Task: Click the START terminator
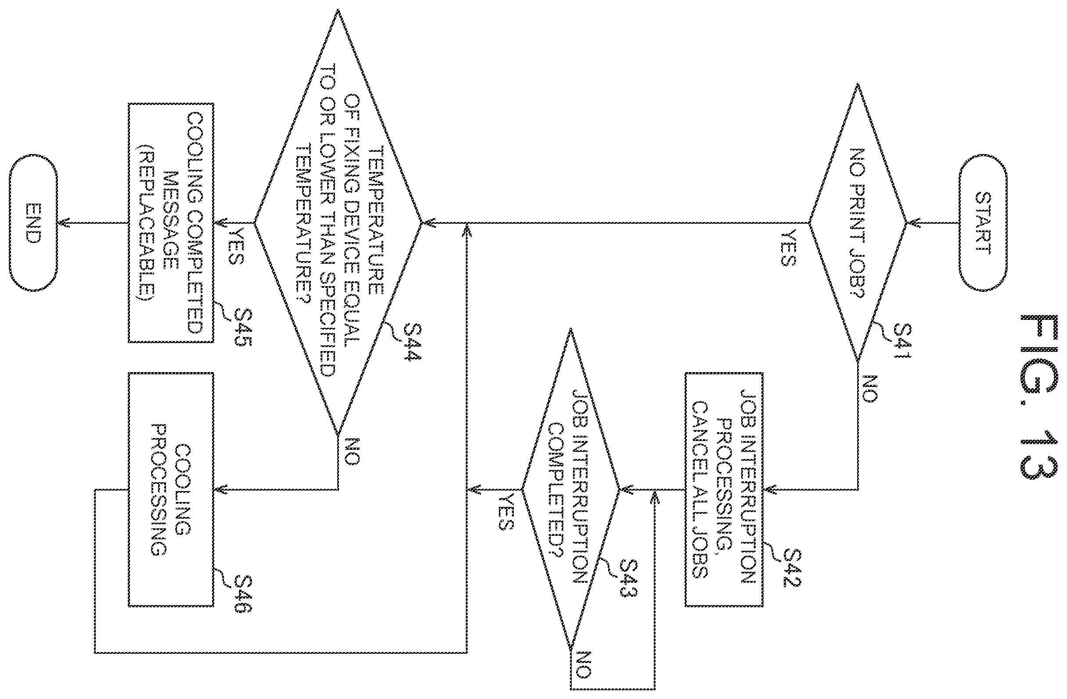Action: click(983, 223)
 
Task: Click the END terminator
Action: click(33, 223)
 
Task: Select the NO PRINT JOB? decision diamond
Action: click(858, 223)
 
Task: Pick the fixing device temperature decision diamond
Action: click(338, 223)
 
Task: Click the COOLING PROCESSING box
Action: click(171, 489)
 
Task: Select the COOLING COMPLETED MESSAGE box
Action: click(171, 223)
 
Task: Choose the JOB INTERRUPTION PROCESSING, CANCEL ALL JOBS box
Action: click(724, 489)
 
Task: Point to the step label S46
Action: click(242, 594)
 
